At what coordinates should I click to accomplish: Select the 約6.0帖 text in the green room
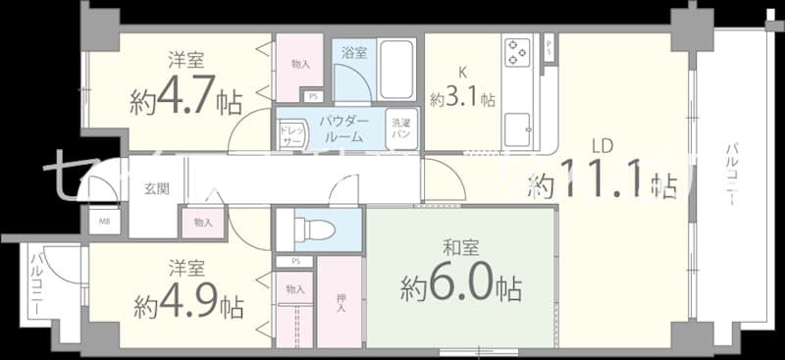point(460,287)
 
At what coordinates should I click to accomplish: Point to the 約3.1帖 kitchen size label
point(462,100)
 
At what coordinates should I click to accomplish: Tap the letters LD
point(602,147)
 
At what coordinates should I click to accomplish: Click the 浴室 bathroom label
point(354,53)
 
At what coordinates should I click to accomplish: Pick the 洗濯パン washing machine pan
point(402,129)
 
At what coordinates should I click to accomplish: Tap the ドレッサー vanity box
point(291,135)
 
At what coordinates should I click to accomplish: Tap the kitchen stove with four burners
point(517,51)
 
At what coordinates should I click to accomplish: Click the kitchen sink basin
point(517,126)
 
